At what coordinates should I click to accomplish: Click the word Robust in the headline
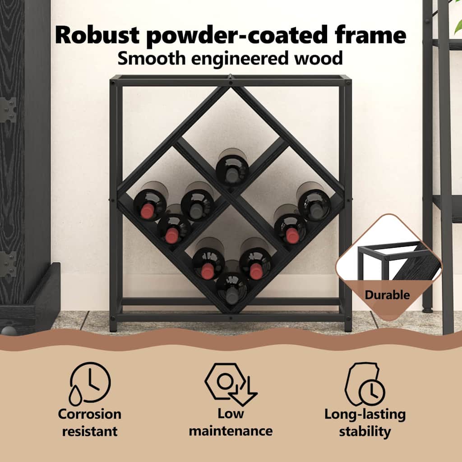97,35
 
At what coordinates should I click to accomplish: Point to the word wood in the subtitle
319,58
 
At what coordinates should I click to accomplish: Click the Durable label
387,295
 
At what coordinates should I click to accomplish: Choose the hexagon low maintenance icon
231,384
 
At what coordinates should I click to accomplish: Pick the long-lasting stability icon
365,384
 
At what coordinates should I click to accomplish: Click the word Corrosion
90,414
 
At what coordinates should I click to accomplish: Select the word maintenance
231,431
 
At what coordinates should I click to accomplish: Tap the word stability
365,432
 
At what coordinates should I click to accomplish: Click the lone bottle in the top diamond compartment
232,167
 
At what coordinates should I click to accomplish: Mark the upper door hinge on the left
8,110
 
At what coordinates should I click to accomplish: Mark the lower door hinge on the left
8,264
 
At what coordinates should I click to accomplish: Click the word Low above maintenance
231,414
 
